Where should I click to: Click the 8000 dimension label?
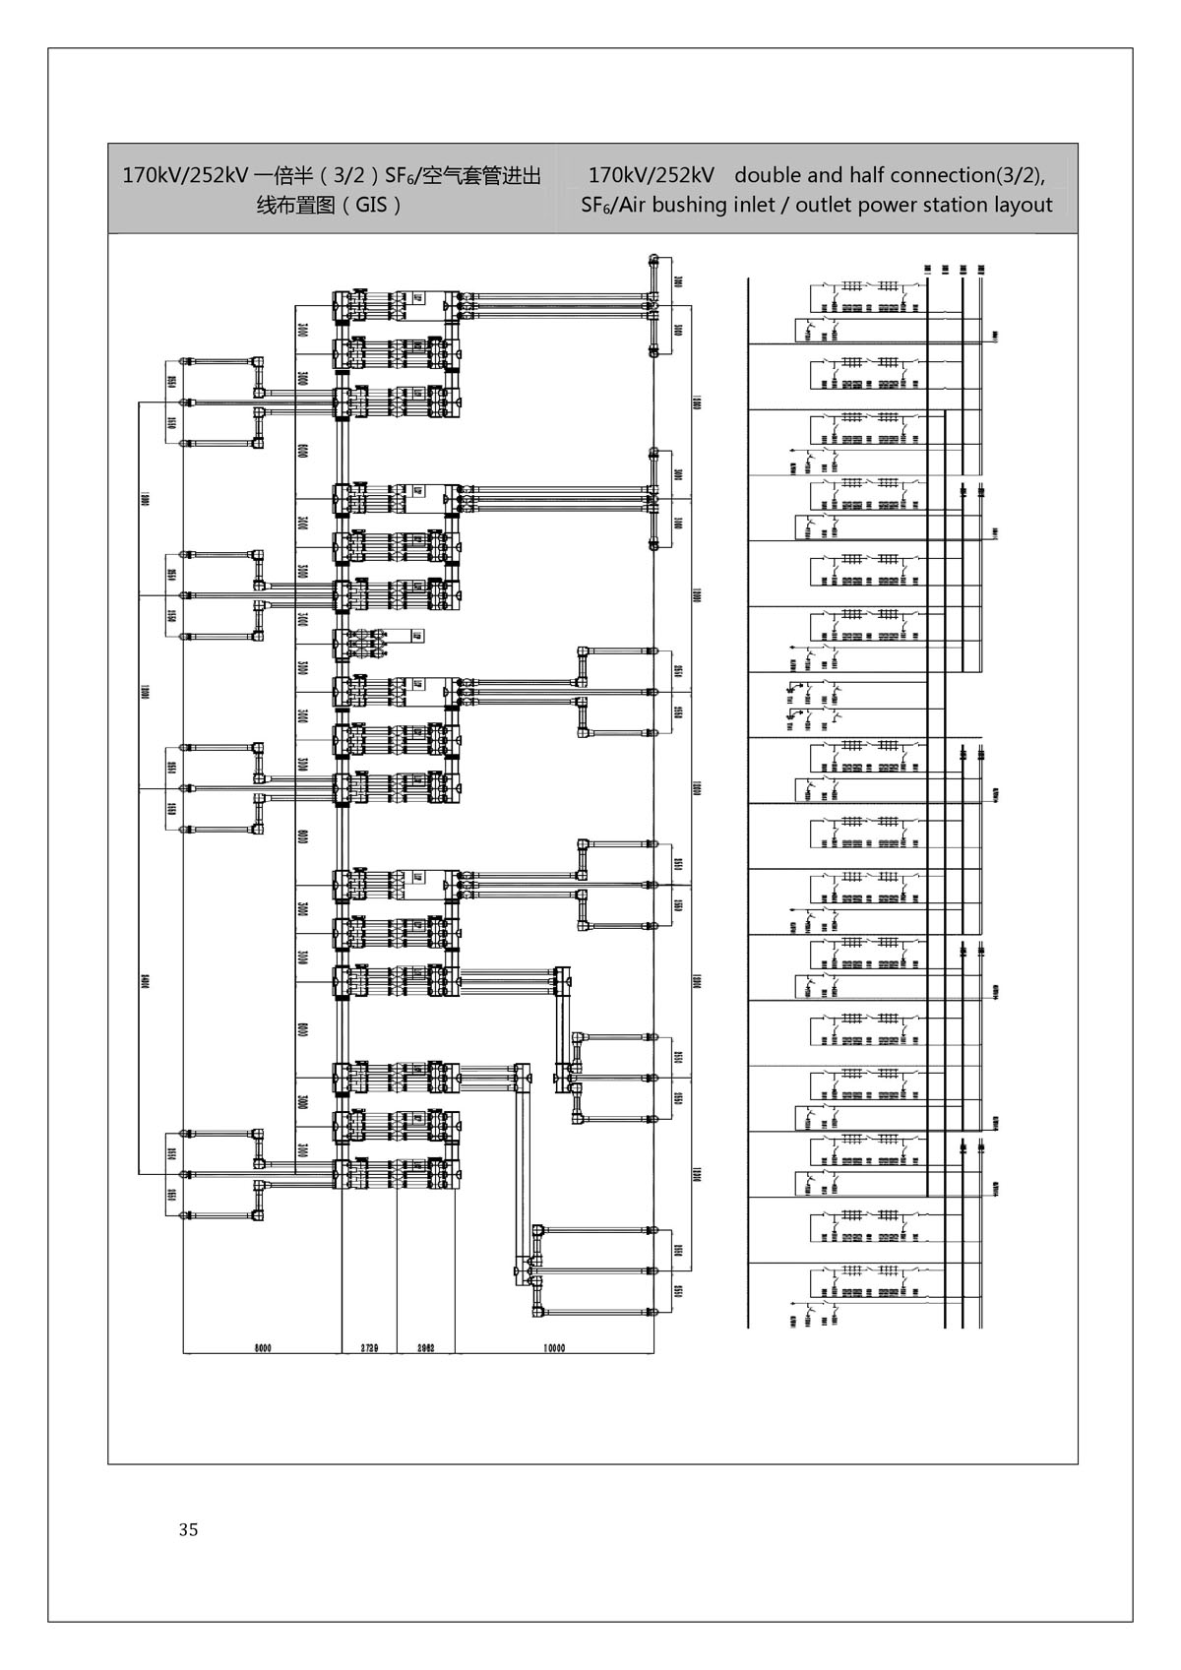tap(262, 1347)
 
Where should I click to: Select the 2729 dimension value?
tap(370, 1347)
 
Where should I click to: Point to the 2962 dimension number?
tap(426, 1347)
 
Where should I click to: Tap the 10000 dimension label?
tap(554, 1347)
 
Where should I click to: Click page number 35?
tap(189, 1529)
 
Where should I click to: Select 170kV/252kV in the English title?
tap(651, 175)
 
